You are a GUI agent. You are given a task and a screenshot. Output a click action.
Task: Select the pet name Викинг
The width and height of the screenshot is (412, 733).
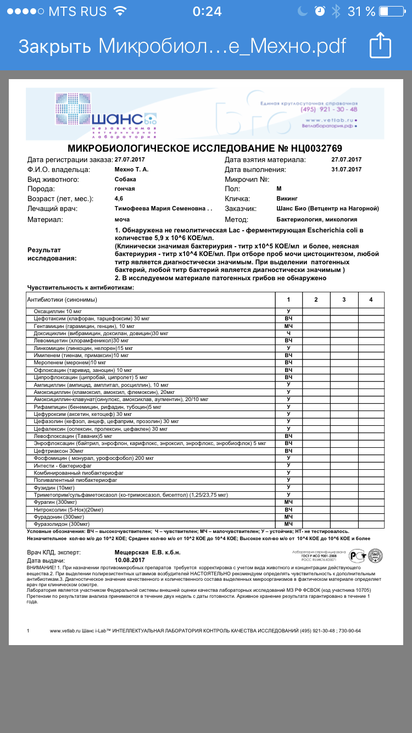click(x=289, y=198)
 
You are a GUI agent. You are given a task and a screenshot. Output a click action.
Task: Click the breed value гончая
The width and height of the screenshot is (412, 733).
click(x=125, y=188)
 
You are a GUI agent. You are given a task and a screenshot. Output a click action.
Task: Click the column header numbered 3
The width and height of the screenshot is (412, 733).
click(x=343, y=299)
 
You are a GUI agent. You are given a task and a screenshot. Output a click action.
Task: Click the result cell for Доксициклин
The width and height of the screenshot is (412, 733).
click(x=288, y=334)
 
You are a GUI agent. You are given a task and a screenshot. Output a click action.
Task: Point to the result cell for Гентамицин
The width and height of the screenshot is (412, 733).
click(x=288, y=326)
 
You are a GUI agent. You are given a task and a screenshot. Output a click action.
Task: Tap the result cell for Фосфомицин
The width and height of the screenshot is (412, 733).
click(x=288, y=458)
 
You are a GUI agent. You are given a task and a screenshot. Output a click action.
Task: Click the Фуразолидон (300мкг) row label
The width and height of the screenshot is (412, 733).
click(x=62, y=524)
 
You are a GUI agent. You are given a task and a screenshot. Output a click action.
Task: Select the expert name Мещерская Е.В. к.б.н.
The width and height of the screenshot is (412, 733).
click(x=147, y=552)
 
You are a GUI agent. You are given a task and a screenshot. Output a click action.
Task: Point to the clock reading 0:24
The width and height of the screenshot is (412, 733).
click(x=207, y=11)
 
